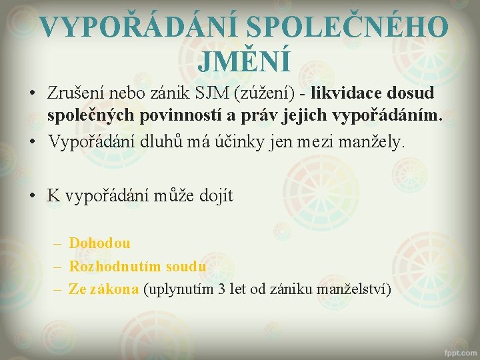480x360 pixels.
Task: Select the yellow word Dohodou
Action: pyautogui.click(x=99, y=243)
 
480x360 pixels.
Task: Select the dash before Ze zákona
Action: pyautogui.click(x=57, y=289)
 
